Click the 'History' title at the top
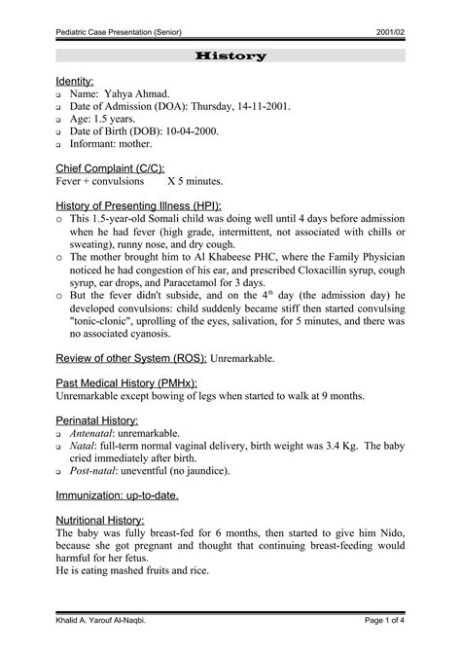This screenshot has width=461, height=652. (230, 57)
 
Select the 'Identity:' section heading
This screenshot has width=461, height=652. (75, 80)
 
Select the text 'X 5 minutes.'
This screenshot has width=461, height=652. (195, 181)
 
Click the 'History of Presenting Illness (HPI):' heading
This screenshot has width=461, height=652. (138, 206)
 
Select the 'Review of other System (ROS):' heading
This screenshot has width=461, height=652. (131, 358)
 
